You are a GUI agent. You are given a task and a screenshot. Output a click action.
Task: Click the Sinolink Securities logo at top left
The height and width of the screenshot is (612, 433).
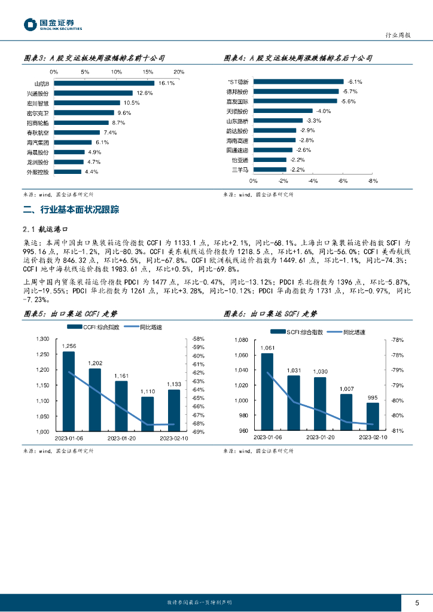click(52, 25)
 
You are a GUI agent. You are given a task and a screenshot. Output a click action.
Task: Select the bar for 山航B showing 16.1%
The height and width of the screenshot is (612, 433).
click(104, 84)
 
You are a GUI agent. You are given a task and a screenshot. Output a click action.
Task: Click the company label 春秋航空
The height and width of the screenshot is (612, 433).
click(39, 132)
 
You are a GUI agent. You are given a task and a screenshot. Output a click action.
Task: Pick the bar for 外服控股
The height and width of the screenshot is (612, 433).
click(67, 172)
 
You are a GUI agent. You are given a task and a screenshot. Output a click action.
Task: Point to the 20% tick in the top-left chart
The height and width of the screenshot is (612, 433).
click(178, 72)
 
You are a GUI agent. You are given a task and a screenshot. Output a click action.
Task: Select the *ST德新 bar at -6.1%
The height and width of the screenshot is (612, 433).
click(298, 81)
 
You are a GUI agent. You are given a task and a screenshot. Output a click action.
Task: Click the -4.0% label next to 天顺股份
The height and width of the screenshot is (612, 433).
click(324, 111)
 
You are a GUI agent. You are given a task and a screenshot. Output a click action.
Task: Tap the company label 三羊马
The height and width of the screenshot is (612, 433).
click(240, 170)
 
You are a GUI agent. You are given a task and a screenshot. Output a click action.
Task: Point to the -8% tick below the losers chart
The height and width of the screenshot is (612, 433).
click(373, 180)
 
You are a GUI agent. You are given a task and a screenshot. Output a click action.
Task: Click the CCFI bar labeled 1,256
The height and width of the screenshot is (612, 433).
click(69, 391)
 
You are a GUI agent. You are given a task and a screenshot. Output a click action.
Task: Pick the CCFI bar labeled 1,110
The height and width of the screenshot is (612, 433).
click(148, 414)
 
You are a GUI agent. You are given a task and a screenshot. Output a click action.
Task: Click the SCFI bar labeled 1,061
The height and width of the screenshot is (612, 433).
click(267, 391)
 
